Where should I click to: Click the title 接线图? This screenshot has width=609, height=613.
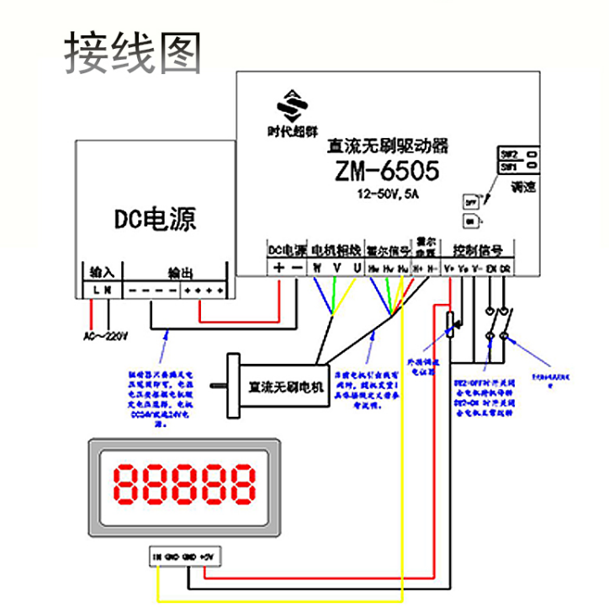click(134, 52)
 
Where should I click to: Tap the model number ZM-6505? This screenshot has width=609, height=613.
click(386, 171)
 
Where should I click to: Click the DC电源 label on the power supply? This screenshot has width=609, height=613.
click(155, 220)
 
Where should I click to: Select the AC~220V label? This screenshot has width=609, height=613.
click(105, 336)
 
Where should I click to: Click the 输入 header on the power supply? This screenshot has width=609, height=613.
click(102, 272)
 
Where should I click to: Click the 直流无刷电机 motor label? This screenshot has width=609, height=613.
click(285, 387)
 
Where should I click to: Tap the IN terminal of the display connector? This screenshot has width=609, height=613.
click(157, 557)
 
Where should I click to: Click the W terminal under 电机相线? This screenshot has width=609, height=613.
click(317, 267)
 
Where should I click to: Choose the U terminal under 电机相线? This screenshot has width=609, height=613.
click(357, 267)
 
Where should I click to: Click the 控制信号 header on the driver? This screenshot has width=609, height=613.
click(477, 250)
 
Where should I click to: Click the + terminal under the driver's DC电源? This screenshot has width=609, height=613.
click(278, 267)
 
